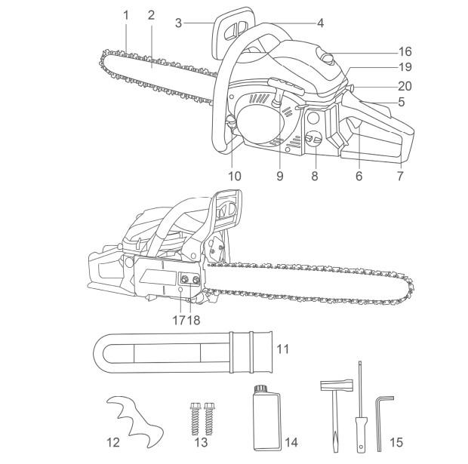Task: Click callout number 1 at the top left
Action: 126,14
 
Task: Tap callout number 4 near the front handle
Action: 320,23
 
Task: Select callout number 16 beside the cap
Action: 405,52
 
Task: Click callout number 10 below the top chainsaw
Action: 235,176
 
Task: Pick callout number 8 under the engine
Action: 315,176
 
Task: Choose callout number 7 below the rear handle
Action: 400,176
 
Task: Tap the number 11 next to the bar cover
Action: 282,349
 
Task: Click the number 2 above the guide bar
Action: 151,14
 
